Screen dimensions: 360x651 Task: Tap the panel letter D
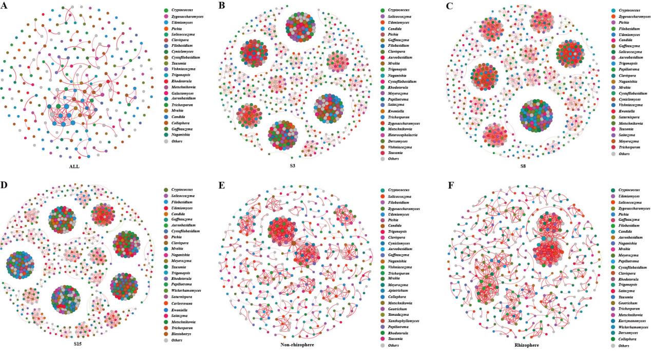pos(4,185)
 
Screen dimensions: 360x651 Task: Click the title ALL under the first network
pos(75,166)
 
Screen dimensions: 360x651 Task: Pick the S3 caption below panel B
pos(292,166)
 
